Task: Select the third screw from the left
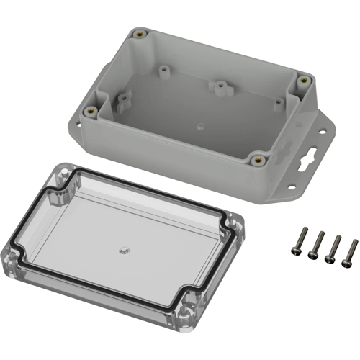(333, 252)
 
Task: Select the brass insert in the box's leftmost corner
(91, 111)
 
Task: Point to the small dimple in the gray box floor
(197, 124)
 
